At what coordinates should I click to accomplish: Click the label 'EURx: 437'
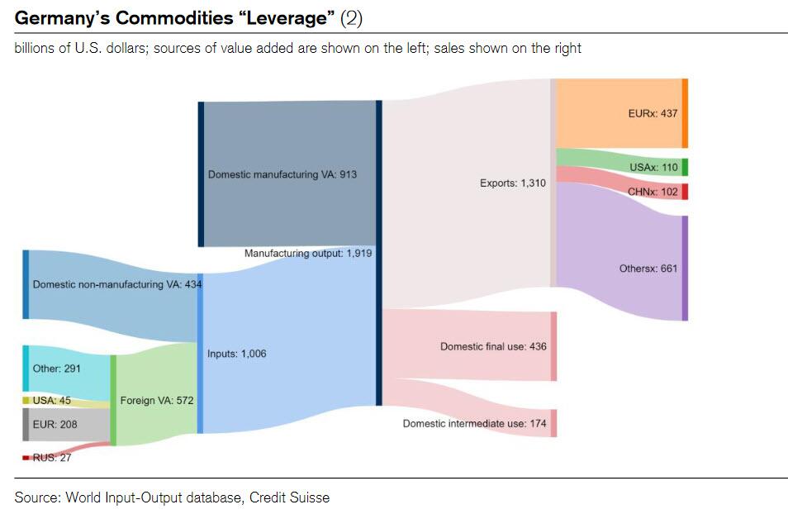click(652, 114)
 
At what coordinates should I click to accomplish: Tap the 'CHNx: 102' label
click(652, 192)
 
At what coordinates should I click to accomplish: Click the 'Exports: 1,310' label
click(512, 183)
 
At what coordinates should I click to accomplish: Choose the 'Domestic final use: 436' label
click(493, 346)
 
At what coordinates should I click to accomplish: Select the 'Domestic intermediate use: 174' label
click(475, 423)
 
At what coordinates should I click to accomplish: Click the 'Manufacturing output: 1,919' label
click(307, 254)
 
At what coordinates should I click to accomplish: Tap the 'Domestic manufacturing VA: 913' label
click(282, 175)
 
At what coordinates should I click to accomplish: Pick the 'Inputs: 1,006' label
click(236, 354)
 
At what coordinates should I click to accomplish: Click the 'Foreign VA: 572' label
click(157, 401)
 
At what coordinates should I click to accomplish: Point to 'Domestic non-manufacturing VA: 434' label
click(117, 284)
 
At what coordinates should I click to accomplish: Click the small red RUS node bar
click(26, 457)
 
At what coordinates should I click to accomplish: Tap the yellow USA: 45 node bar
click(26, 401)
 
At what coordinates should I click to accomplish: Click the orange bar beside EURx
click(684, 113)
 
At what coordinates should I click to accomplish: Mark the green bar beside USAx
click(684, 168)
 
